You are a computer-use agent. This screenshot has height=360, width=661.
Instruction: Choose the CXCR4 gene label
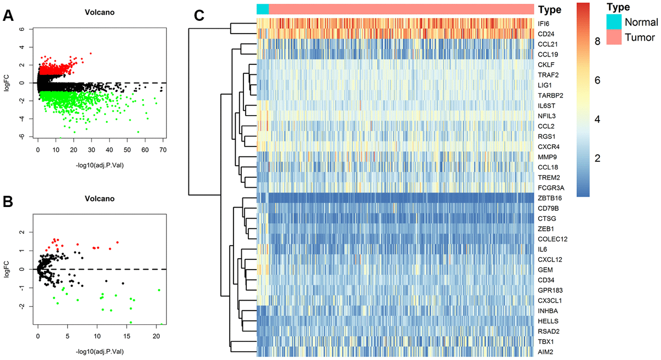tap(549, 146)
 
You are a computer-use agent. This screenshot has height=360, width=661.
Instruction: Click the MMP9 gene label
tap(548, 156)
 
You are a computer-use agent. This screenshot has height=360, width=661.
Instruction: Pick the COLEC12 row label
tap(552, 239)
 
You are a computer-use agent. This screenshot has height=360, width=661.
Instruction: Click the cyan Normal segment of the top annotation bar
tap(263, 9)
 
